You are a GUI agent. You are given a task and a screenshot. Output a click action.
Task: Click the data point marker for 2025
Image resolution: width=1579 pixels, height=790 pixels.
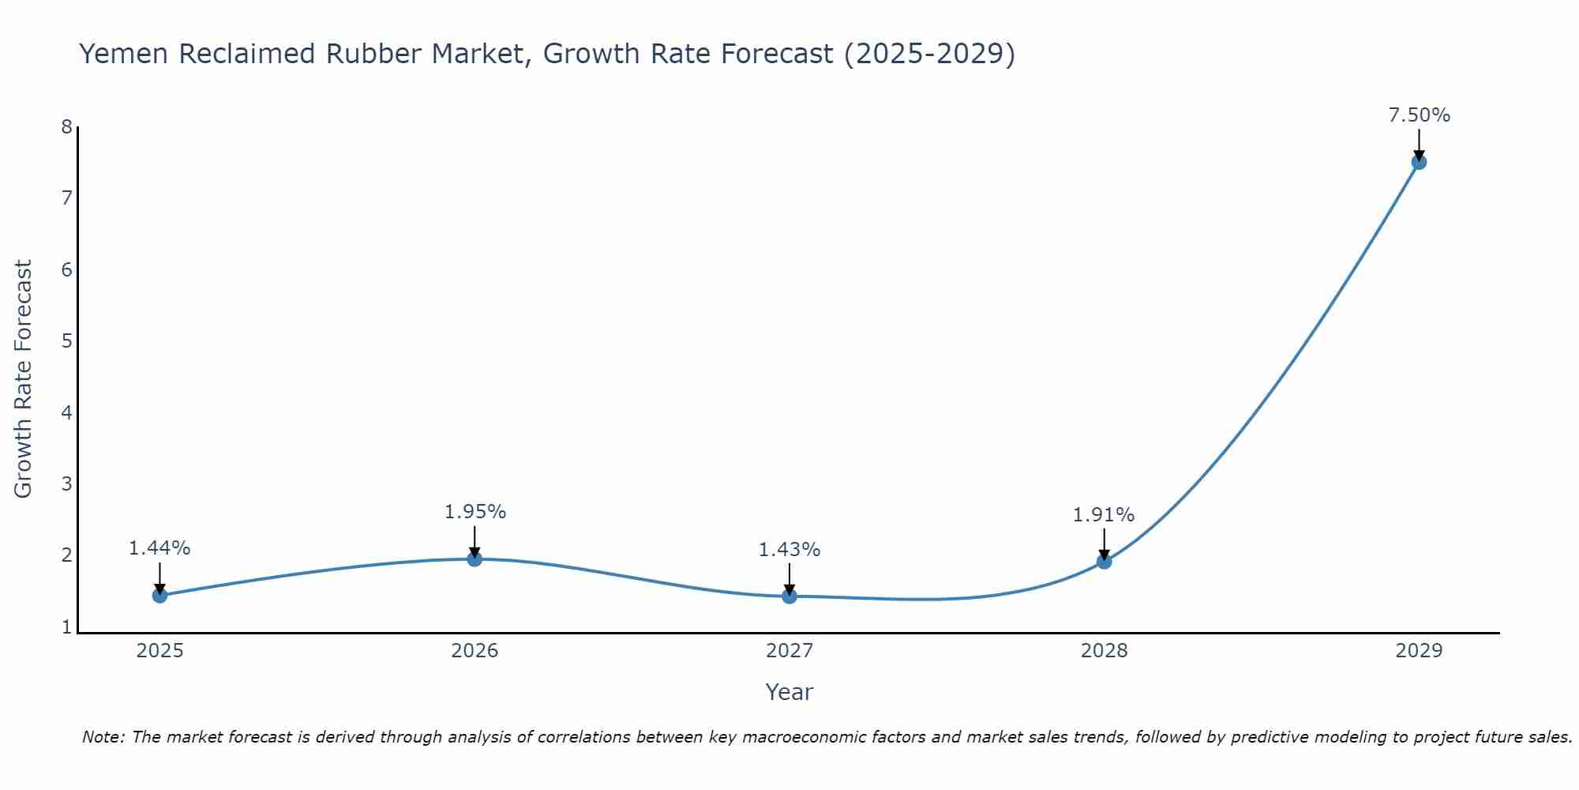pos(159,595)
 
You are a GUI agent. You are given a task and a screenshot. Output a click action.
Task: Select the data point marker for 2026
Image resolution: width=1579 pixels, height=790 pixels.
pos(474,559)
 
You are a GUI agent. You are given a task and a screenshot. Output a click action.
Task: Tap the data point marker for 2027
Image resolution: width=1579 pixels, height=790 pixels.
pos(789,596)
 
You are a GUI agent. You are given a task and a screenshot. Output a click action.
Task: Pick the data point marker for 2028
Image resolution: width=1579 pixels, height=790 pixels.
pos(1104,562)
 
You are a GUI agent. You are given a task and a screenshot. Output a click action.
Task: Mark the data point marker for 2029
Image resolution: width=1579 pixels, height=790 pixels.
pos(1419,162)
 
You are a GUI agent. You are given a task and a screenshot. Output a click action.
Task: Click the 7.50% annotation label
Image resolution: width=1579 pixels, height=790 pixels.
pos(1419,115)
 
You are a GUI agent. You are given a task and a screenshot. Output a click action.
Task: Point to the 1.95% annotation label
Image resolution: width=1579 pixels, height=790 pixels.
pos(474,512)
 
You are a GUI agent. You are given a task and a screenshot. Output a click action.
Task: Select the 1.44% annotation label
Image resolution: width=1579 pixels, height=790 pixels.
pos(159,548)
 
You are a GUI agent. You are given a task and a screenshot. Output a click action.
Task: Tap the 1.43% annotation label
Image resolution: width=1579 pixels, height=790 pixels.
pos(789,550)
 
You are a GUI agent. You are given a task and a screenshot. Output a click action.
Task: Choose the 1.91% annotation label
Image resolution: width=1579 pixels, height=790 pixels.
pos(1104,515)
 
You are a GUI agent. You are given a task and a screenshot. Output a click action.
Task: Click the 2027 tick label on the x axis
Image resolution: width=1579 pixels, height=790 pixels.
pos(789,651)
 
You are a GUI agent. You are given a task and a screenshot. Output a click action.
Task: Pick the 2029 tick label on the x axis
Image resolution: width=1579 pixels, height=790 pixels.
pos(1419,651)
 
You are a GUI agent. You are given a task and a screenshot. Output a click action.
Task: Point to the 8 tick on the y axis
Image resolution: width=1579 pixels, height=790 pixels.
pos(66,127)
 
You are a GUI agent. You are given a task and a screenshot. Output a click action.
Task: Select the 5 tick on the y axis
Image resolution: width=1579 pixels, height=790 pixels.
pos(66,341)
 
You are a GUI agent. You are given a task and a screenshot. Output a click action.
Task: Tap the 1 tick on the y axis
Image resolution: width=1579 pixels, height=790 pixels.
pos(66,627)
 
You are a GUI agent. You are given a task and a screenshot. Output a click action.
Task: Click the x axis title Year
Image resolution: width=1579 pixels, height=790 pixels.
pos(789,692)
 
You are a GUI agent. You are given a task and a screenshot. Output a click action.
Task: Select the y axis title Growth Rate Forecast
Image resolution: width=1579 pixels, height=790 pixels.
pos(24,379)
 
